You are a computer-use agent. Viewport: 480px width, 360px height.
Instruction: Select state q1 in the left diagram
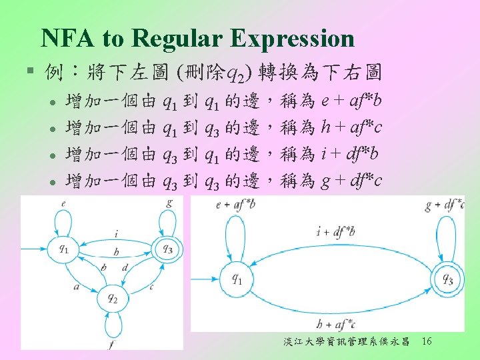(63, 249)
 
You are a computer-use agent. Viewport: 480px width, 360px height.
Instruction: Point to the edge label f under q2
(111, 343)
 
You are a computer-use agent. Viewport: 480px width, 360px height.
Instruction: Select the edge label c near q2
(151, 287)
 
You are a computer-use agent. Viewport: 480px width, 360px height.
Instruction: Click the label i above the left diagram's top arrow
(117, 233)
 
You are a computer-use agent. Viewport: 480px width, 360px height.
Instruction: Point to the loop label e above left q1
(63, 203)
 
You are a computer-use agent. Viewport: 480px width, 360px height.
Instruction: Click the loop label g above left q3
(169, 201)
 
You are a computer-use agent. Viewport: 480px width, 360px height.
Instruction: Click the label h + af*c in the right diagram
(336, 325)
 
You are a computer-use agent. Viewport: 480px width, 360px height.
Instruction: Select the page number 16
(427, 342)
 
